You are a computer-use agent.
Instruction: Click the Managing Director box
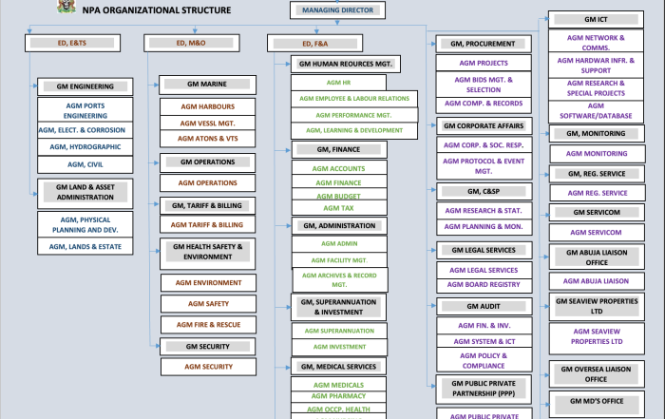[338, 10]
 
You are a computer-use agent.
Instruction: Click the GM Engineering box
[85, 86]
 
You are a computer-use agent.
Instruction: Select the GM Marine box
[206, 84]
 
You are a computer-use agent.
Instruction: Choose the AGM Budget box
[338, 196]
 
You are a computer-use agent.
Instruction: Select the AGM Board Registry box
[484, 284]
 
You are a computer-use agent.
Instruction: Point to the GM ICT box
[597, 19]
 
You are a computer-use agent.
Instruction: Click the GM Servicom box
[597, 212]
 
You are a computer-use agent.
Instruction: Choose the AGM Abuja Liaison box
[597, 280]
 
